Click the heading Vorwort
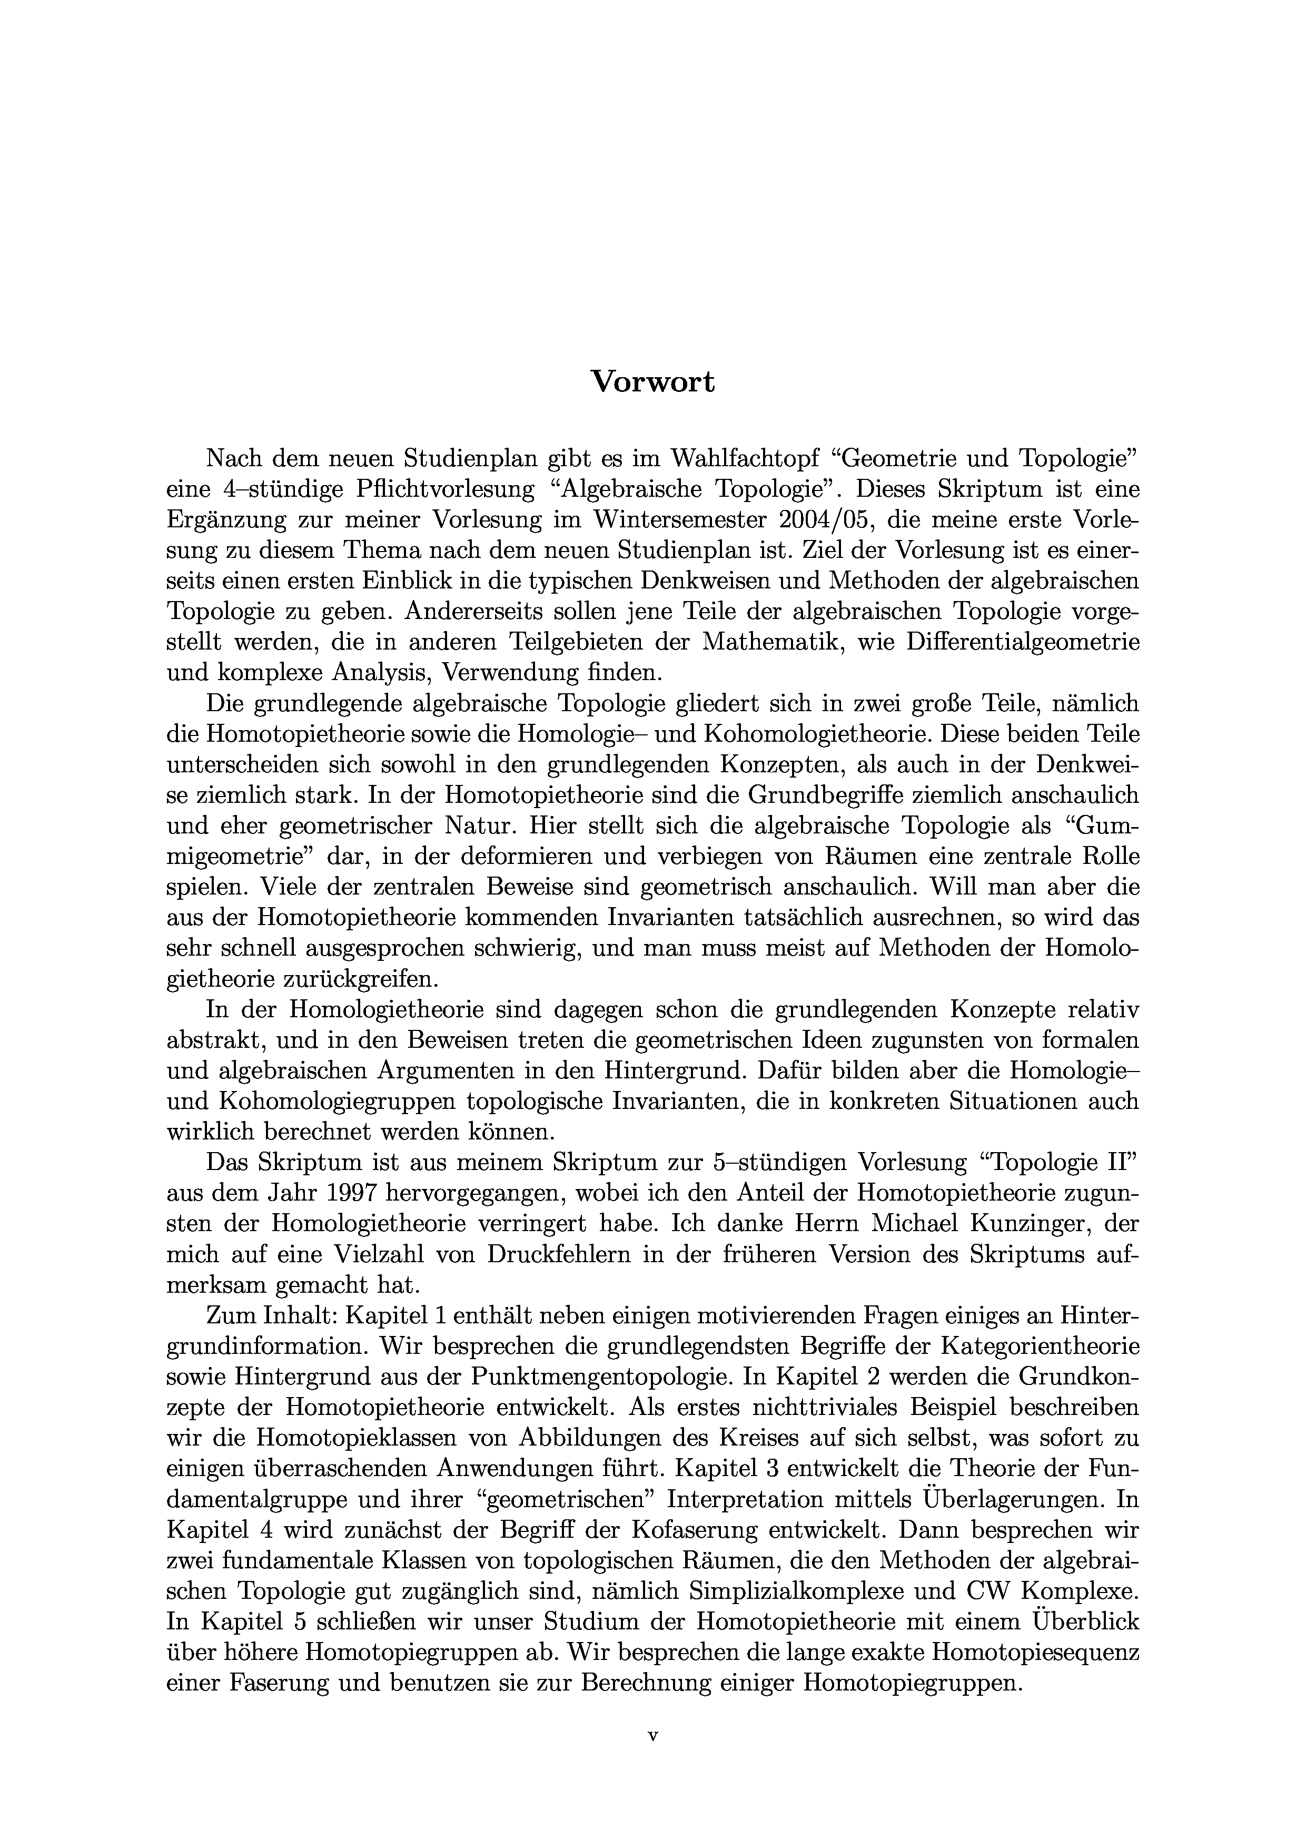tap(652, 381)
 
